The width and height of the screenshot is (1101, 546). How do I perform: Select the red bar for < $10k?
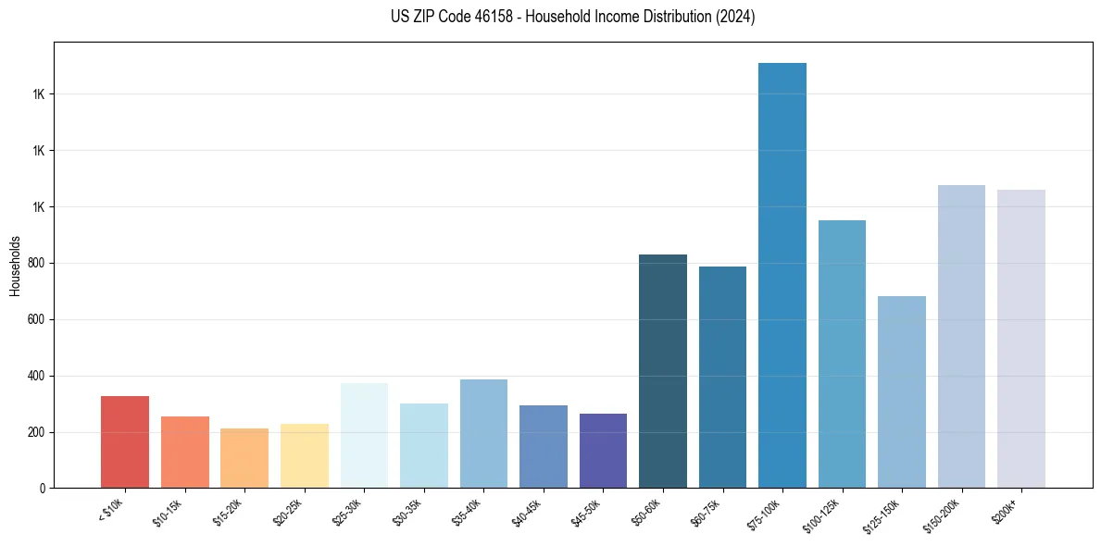coord(125,442)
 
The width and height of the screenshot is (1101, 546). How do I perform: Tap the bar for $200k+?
coord(1021,339)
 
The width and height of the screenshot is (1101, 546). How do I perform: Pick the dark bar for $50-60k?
coord(663,371)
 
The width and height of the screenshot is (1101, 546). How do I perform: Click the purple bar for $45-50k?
coord(603,451)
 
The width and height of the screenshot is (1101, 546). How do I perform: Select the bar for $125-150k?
coord(902,392)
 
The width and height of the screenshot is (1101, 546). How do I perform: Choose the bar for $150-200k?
coord(961,337)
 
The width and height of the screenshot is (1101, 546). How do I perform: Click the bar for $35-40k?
coord(483,434)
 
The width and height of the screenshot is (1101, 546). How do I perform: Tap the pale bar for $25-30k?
coord(364,436)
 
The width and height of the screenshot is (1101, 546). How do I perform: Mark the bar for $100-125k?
coord(842,354)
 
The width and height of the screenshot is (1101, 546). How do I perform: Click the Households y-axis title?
coord(15,266)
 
